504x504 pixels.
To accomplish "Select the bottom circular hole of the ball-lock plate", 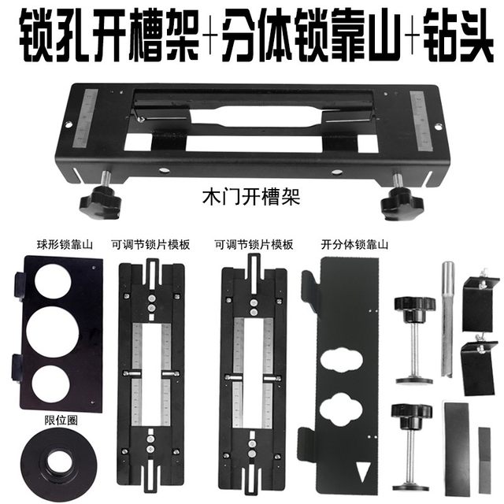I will click(54, 380).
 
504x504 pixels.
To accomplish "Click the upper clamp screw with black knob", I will click(414, 339).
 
